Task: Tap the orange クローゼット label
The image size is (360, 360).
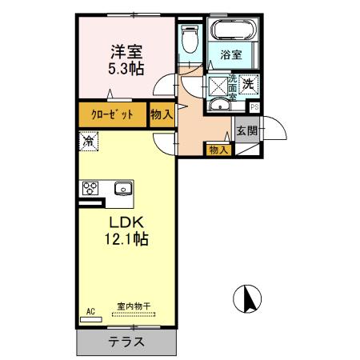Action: pos(112,114)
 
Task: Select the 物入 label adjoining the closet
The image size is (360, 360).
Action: pos(161,114)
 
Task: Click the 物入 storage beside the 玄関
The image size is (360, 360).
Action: pos(218,150)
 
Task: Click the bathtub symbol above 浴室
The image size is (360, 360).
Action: pos(232,32)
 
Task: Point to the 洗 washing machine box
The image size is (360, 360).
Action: pos(248,82)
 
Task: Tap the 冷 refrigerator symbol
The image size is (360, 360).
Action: pos(87,142)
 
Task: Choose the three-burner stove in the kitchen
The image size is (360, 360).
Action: pos(90,190)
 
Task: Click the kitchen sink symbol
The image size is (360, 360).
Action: pos(124,190)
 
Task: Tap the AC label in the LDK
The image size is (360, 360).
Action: pos(90,311)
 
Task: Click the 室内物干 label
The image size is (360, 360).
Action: pos(134,306)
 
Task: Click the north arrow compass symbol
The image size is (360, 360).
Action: pos(249,300)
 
